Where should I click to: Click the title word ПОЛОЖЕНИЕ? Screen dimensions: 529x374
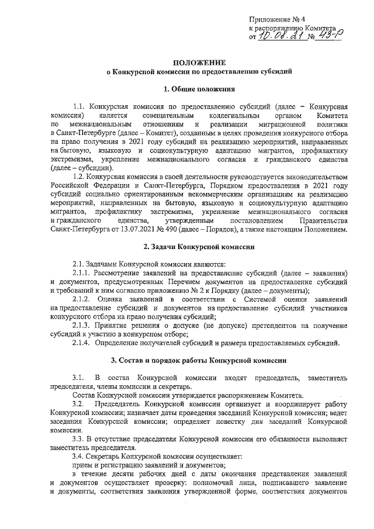click(199, 62)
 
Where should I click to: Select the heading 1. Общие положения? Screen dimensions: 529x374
click(199, 90)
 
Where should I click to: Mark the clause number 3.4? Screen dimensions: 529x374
click(78, 454)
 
